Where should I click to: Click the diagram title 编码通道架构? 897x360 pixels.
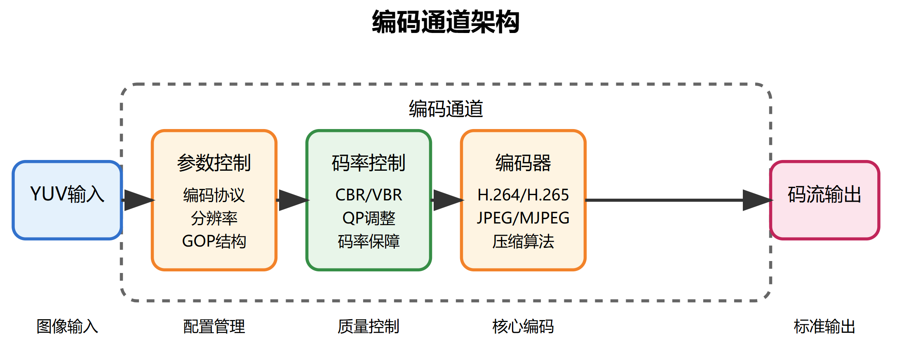point(446,22)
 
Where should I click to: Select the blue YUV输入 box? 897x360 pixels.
point(67,200)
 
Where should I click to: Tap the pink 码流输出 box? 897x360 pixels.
point(824,200)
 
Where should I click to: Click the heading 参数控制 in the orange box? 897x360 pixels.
point(214,163)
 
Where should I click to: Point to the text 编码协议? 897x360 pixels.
point(214,195)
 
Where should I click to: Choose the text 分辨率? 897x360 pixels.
point(214,218)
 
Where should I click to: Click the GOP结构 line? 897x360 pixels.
point(214,241)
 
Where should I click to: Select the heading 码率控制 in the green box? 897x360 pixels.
point(369,163)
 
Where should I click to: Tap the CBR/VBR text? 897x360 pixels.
point(369,195)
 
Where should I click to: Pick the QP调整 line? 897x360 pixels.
point(369,218)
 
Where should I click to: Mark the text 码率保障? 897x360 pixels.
point(369,241)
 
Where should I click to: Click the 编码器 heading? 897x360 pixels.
point(523,163)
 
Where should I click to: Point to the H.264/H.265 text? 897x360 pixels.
point(523,195)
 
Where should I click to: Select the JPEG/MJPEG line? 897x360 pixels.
point(523,218)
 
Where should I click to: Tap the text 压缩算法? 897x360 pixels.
point(523,241)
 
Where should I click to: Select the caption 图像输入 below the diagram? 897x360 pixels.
point(67,327)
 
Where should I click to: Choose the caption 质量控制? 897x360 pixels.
point(369,327)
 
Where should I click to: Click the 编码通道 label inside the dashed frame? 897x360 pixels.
point(446,109)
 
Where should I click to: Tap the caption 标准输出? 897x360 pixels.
point(824,327)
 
